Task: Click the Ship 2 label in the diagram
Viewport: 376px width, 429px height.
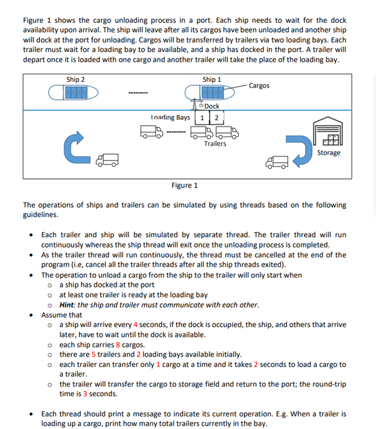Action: (75, 80)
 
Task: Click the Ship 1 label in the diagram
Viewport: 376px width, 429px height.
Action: (212, 80)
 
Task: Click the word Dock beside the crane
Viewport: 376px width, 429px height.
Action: (212, 106)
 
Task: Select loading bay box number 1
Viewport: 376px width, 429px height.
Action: (203, 118)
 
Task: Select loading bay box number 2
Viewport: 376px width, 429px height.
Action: (216, 118)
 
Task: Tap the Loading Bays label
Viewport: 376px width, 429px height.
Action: (170, 117)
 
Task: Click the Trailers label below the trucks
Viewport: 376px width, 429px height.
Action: (215, 143)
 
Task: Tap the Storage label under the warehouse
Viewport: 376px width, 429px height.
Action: (329, 153)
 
